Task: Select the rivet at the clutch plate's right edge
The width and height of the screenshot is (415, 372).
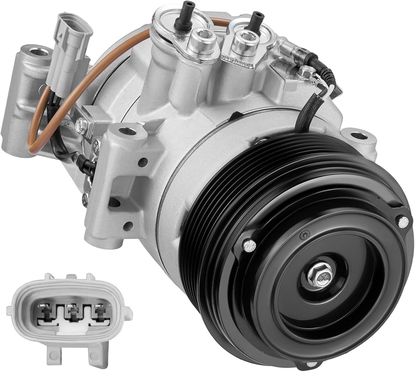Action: point(402,222)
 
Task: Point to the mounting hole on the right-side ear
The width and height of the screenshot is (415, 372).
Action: point(359,136)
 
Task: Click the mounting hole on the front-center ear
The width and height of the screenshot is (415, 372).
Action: point(127,131)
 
